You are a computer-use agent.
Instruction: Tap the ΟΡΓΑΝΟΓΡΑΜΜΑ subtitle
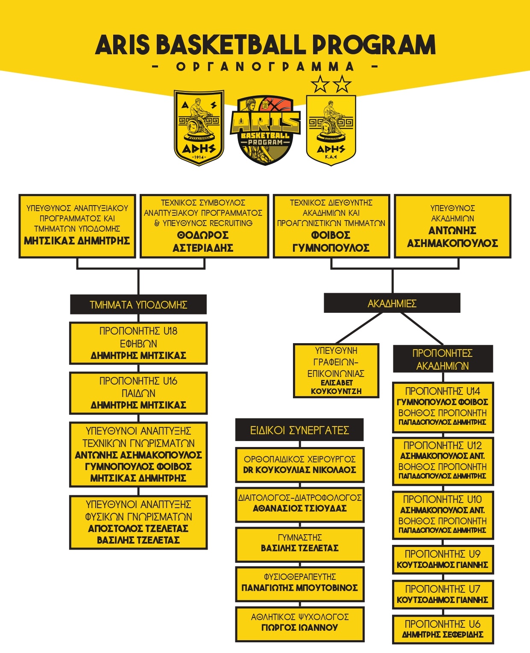(265, 67)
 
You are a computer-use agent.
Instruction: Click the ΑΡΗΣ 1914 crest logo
(199, 128)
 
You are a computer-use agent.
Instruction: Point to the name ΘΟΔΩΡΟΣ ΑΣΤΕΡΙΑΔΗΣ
(203, 241)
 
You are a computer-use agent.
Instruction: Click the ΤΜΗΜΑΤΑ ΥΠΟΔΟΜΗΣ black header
(138, 304)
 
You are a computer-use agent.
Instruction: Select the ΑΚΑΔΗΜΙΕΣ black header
(392, 303)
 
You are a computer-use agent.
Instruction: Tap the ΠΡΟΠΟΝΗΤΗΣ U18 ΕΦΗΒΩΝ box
(138, 343)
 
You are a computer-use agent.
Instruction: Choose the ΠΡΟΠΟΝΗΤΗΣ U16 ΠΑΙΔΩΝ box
(138, 393)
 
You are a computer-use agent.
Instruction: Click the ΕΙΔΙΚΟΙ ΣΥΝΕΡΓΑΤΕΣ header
(300, 430)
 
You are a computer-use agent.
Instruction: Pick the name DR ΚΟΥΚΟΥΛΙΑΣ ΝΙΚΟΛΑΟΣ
(300, 470)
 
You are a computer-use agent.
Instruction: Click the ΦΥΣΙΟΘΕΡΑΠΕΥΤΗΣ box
(300, 584)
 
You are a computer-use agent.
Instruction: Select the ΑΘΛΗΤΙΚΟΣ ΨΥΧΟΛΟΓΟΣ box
(300, 624)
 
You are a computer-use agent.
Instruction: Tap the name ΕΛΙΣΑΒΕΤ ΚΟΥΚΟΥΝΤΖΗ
(336, 387)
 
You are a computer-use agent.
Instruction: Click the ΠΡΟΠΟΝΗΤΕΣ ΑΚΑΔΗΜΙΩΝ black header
(443, 359)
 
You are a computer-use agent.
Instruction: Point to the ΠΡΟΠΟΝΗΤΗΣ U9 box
(443, 559)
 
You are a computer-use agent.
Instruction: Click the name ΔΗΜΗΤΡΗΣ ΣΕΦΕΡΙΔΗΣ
(443, 634)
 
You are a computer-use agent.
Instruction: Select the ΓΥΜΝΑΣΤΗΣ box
(300, 545)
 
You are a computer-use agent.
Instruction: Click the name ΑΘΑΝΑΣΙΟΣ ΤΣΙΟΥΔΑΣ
(300, 508)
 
